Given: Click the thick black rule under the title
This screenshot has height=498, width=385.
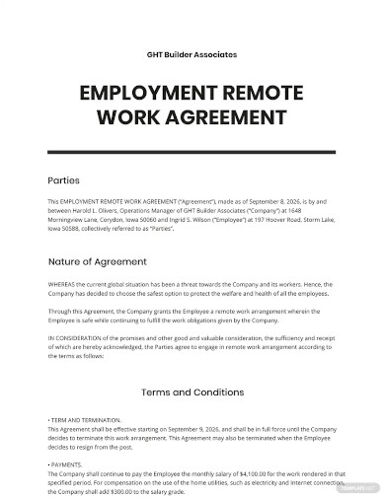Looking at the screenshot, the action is click(192, 152).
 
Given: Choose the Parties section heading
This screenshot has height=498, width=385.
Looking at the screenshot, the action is click(60, 181).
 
